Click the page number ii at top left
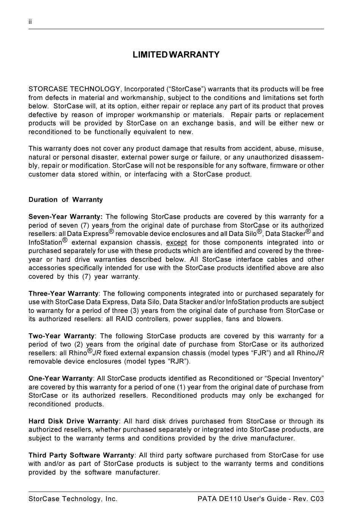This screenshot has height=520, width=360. (x=30, y=22)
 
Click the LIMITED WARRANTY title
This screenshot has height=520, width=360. (x=176, y=55)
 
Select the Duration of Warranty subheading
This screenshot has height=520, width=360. (x=66, y=200)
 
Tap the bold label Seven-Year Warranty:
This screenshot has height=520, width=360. (x=66, y=217)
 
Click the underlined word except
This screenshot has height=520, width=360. (x=177, y=242)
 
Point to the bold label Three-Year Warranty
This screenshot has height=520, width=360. (x=63, y=294)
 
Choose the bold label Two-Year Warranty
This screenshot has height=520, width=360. (x=61, y=336)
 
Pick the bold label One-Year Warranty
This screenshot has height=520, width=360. (x=61, y=378)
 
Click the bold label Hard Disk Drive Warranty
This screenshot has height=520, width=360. (x=74, y=421)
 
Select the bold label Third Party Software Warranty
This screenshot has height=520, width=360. (x=81, y=455)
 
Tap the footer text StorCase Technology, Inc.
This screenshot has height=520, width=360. (x=73, y=499)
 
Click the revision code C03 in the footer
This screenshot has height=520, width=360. (x=317, y=499)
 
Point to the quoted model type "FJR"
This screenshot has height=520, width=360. (x=261, y=353)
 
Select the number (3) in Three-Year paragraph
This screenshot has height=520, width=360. (x=134, y=311)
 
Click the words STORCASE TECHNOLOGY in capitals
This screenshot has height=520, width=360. (x=75, y=89)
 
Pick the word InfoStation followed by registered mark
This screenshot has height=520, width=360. (x=45, y=242)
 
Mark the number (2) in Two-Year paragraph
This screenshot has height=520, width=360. (x=79, y=344)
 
